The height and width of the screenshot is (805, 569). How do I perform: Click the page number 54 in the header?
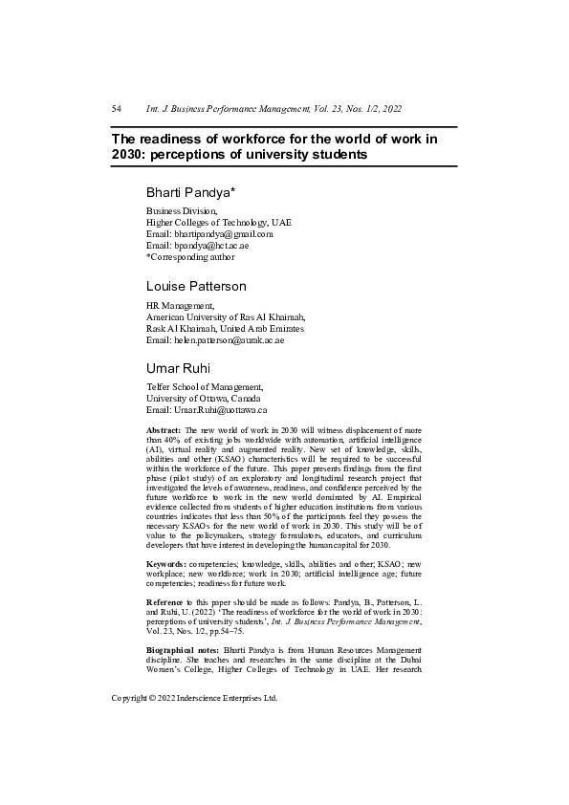coord(117,110)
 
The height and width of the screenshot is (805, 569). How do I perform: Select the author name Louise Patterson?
coord(195,286)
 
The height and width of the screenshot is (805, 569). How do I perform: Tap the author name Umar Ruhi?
coord(179,368)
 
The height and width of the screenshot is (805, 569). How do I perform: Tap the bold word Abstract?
coord(164,432)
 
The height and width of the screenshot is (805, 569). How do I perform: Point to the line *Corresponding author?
coord(189,257)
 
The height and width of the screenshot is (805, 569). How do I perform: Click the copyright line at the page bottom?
coord(194,699)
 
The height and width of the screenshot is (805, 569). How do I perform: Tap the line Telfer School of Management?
coord(204,387)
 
